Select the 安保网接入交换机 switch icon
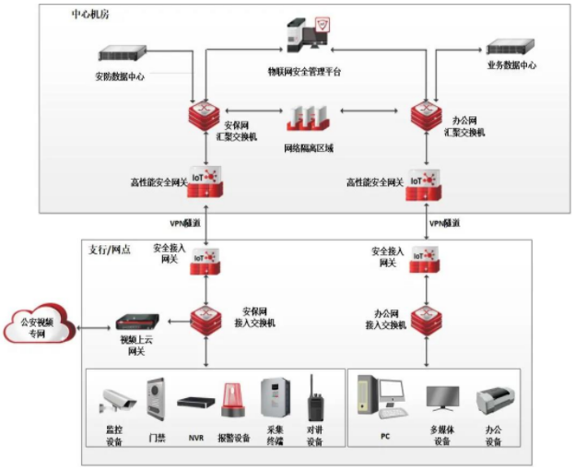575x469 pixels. tap(205, 320)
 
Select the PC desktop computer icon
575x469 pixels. tap(379, 397)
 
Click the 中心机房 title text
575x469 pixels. tap(87, 16)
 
